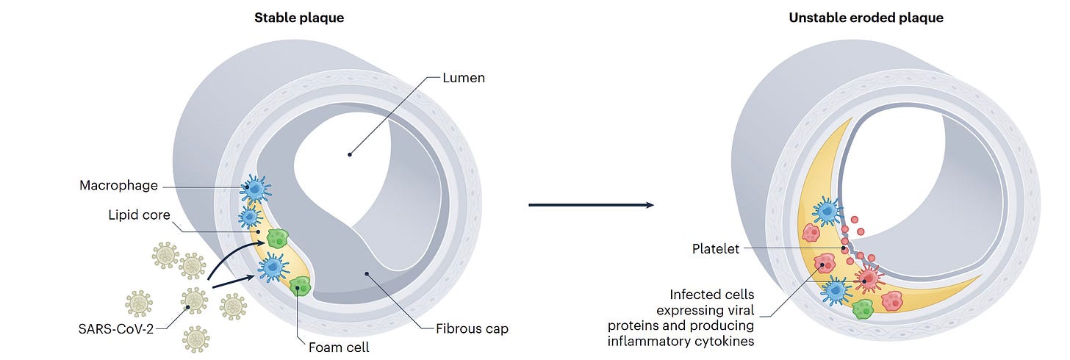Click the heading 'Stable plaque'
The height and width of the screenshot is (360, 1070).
298,18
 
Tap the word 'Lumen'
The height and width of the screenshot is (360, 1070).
464,77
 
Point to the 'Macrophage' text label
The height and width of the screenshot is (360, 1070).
118,185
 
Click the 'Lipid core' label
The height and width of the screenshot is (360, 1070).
140,215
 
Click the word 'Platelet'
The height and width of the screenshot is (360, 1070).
716,249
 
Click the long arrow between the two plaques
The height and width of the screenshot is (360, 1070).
591,205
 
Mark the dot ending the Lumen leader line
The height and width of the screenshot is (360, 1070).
350,154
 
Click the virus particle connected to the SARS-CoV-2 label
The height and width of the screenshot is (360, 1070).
195,300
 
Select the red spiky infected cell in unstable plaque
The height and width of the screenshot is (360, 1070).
868,279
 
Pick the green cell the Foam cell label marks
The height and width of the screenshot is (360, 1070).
299,287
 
